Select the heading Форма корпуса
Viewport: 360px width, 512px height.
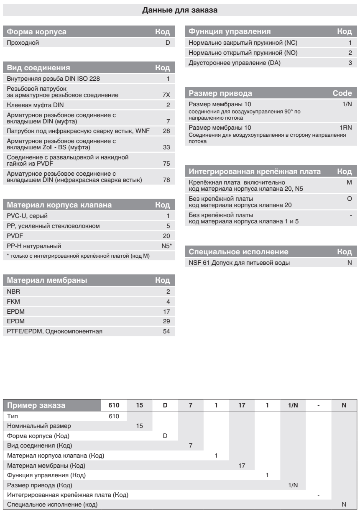[x=37, y=32]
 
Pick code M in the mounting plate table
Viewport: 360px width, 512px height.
[x=349, y=183]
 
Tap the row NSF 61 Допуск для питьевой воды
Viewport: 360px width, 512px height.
[x=239, y=263]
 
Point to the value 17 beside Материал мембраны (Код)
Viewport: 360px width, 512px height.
[x=242, y=465]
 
